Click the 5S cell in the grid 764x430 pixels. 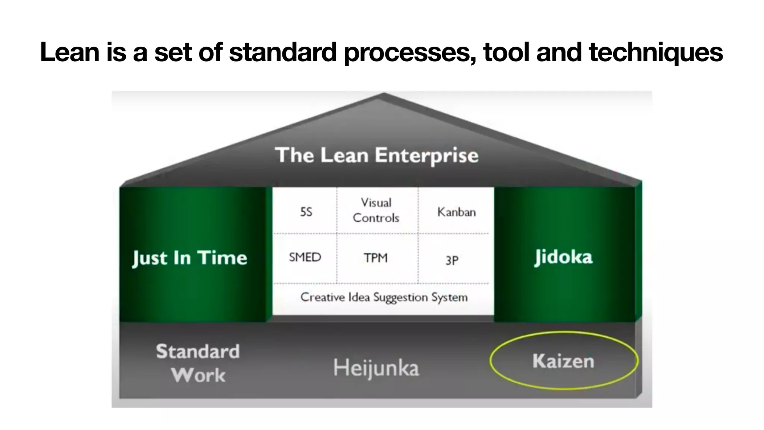coord(306,212)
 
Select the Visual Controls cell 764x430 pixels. coord(376,210)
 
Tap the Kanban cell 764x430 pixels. coord(457,212)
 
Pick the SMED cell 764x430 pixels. coord(305,257)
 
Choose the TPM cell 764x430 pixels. coord(376,258)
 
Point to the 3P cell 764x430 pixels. coord(452,260)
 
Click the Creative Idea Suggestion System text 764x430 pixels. coord(384,297)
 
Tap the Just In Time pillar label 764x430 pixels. coord(190,258)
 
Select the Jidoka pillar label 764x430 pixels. coord(563,257)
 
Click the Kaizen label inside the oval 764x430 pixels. coord(563,361)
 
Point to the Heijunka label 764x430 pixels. coord(376,368)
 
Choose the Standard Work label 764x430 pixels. coord(198,363)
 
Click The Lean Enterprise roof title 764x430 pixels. coord(376,155)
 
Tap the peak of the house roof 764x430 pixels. coord(384,94)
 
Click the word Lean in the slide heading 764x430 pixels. coord(70,52)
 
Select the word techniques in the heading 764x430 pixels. coord(656,53)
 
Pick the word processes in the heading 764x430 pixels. coord(410,53)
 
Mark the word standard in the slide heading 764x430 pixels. coord(283,52)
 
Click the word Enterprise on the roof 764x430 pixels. coord(426,156)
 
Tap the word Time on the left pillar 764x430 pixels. coord(222,258)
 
